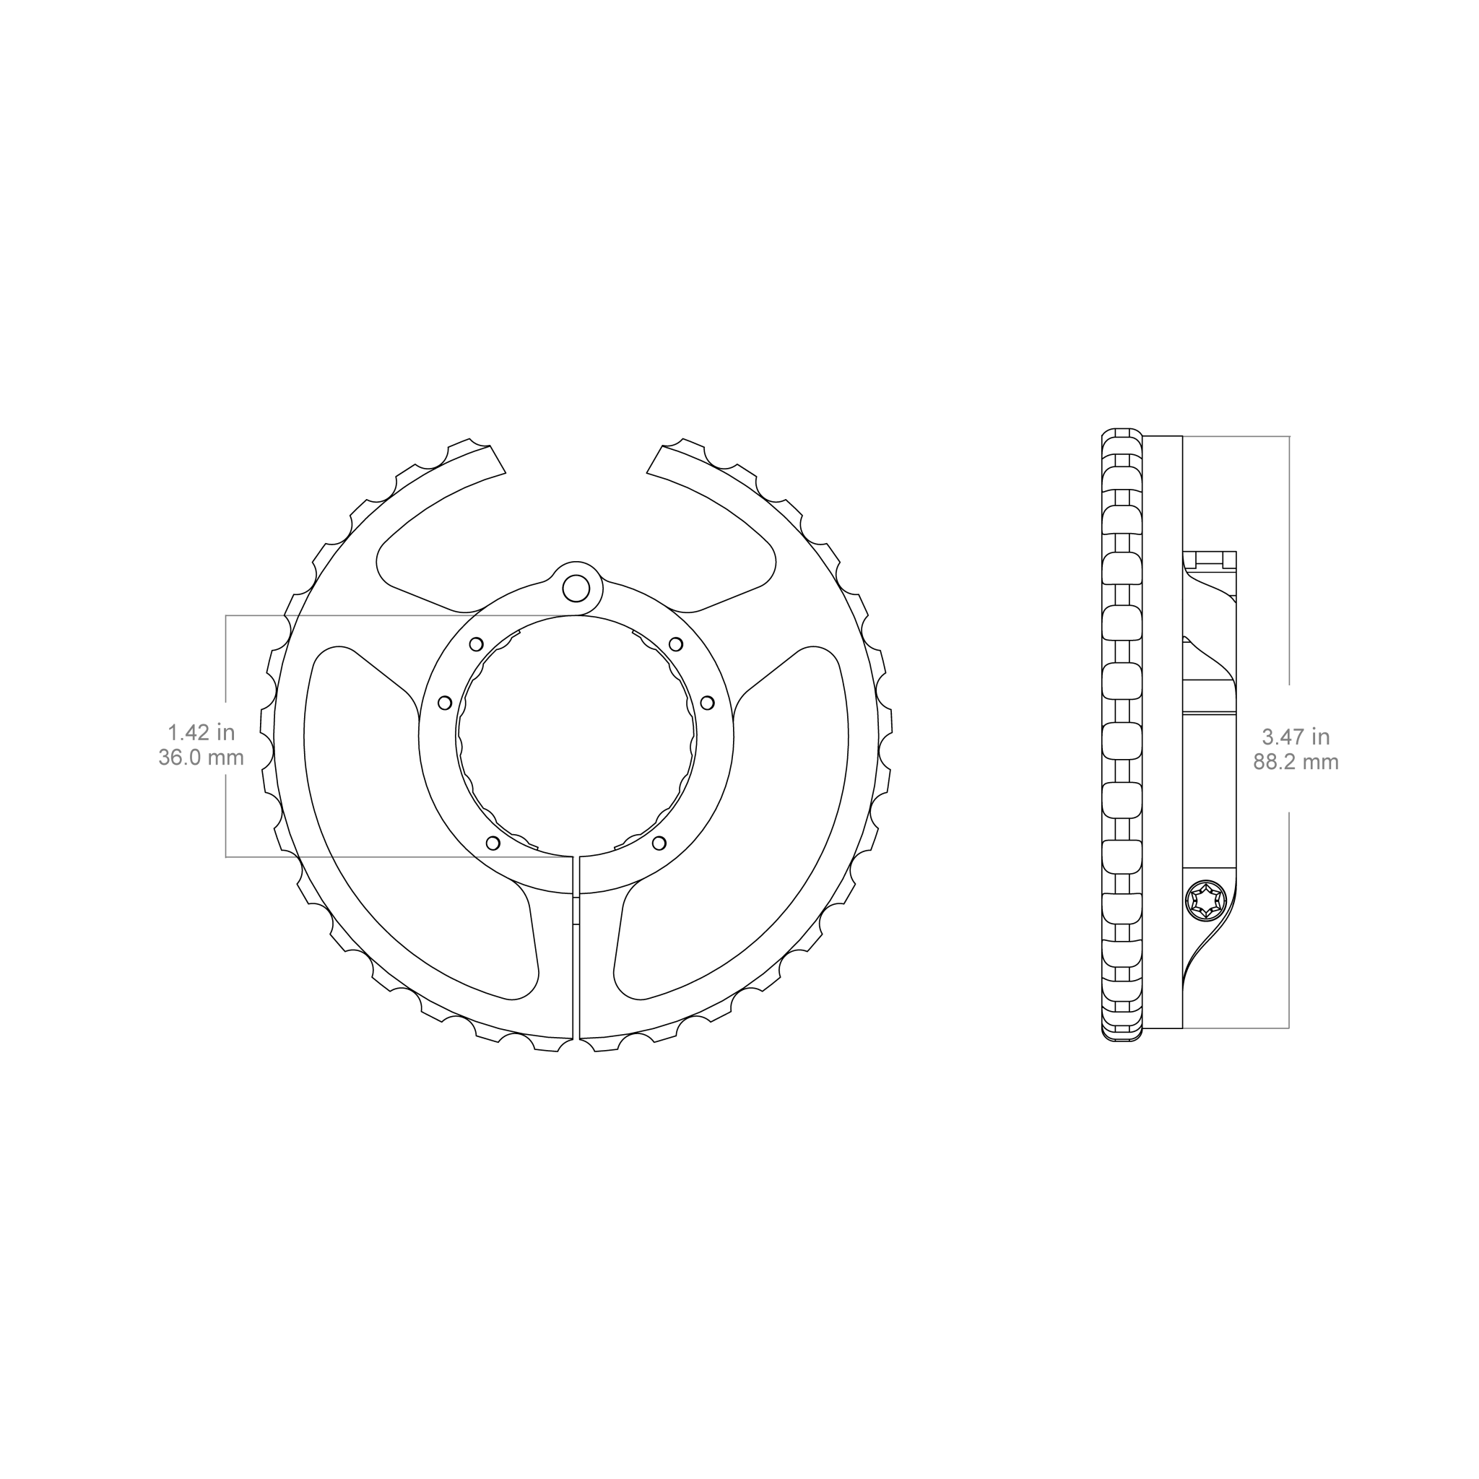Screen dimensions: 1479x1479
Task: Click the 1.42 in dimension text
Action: [x=201, y=732]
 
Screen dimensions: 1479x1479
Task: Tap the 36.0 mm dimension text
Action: [x=201, y=758]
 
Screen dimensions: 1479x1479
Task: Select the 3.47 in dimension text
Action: [x=1296, y=737]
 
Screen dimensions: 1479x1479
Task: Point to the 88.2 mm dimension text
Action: [x=1296, y=763]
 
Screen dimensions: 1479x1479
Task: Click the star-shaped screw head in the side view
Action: [x=1205, y=901]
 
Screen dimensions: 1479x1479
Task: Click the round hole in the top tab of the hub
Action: [x=576, y=589]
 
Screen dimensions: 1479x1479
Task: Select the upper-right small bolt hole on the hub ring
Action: [x=676, y=643]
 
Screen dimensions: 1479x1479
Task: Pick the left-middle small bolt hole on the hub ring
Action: [x=445, y=703]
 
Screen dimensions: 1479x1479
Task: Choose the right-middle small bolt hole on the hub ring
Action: [x=707, y=703]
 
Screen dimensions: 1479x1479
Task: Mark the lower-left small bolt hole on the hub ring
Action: [x=493, y=843]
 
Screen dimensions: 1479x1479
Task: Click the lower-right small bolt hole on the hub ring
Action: [x=659, y=843]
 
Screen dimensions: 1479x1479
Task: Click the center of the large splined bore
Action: [x=576, y=736]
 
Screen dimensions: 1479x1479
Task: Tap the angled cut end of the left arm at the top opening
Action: [x=498, y=459]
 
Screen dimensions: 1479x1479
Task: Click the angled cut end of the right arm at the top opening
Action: [x=654, y=459]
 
